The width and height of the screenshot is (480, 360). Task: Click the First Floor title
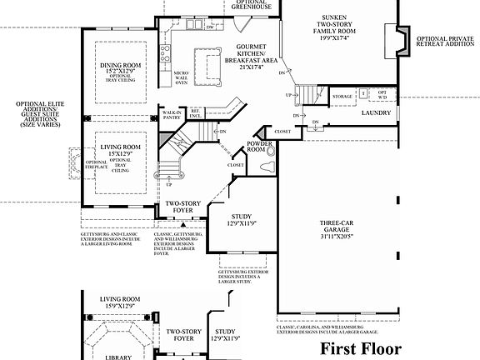pyautogui.click(x=360, y=347)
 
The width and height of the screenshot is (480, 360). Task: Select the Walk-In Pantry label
pyautogui.click(x=172, y=114)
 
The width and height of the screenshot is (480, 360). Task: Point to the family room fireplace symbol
pyautogui.click(x=397, y=39)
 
